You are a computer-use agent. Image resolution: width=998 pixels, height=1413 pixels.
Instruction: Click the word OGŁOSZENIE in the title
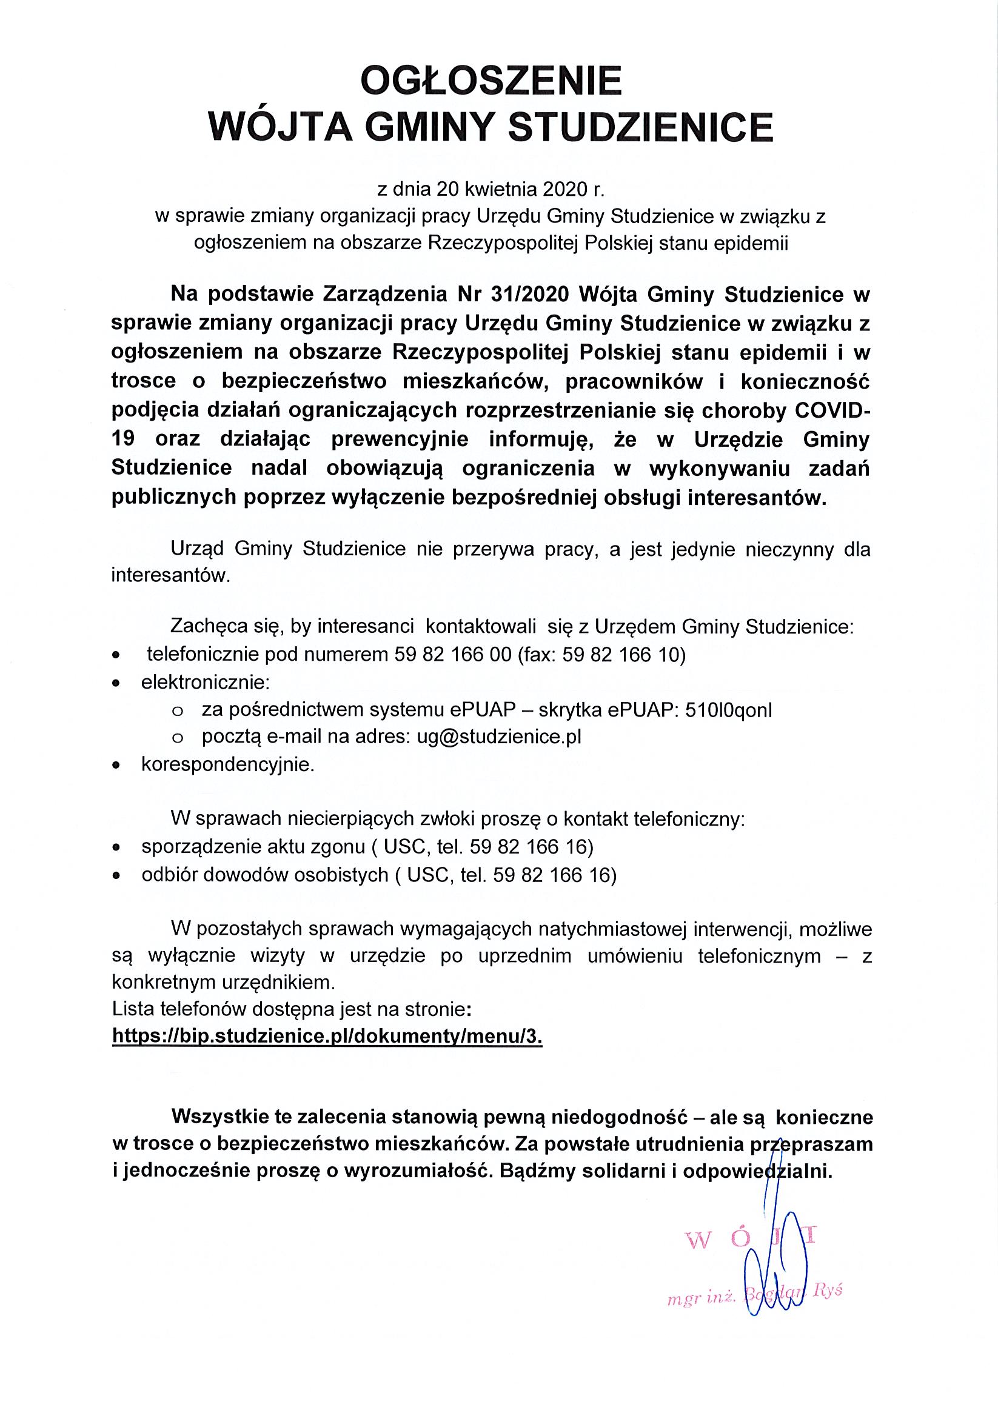point(491,82)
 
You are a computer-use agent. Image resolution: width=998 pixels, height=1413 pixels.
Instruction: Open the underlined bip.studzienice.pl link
point(327,1037)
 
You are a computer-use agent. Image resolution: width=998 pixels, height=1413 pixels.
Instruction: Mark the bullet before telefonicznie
point(116,656)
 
